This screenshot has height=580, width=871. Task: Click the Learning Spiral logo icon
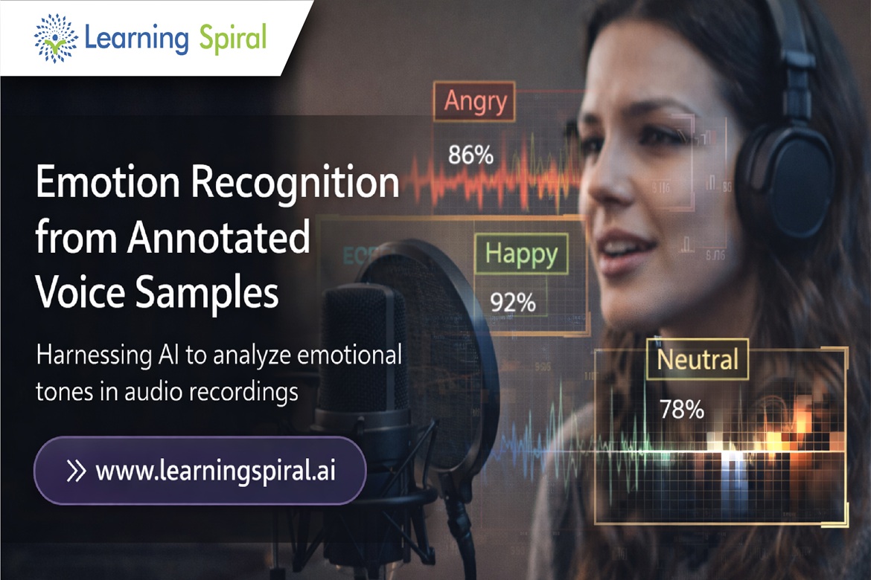point(56,37)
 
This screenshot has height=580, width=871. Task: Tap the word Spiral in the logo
point(232,37)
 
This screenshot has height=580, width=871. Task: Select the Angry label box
point(474,100)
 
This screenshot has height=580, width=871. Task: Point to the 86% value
point(470,155)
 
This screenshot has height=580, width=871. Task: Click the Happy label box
point(521,254)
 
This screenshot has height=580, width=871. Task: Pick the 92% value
point(512,303)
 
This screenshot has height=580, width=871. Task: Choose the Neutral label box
point(697,359)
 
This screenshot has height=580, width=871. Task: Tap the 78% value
point(681,410)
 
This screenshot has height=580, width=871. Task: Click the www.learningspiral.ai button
point(200,471)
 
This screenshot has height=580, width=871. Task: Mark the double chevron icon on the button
point(76,471)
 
